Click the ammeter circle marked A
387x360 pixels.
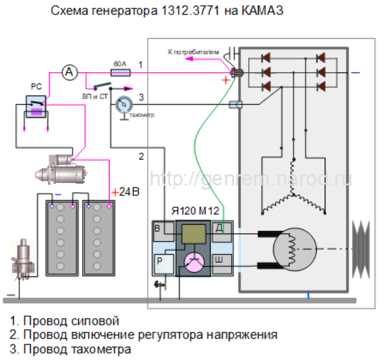[x=70, y=72]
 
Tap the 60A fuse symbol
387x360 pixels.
[x=120, y=73]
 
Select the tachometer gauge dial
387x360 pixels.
[x=123, y=105]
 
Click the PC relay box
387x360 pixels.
[x=35, y=108]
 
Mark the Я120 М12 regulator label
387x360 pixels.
[x=195, y=211]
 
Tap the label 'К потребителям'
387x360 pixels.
[x=193, y=51]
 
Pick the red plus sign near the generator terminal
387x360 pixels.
[x=226, y=81]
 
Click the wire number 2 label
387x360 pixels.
[x=141, y=155]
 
